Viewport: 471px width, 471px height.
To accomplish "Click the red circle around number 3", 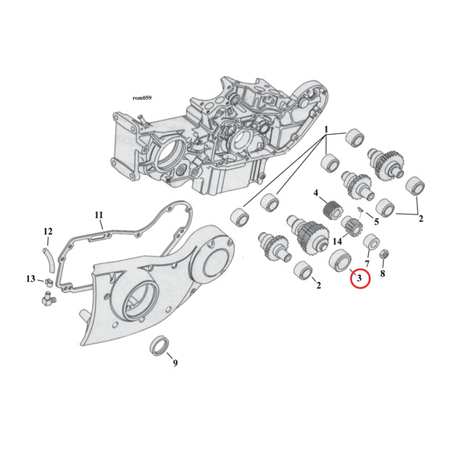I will tap(360, 278).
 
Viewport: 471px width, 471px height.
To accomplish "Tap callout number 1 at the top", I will tap(327, 130).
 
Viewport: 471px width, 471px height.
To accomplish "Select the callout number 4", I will tap(316, 193).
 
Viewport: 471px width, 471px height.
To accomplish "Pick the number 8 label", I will tap(383, 274).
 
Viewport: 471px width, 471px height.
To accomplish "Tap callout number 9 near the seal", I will tap(175, 362).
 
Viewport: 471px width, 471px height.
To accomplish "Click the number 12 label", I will tap(48, 232).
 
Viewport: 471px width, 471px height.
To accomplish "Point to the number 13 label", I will tap(30, 279).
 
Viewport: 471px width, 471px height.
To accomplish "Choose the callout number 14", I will tap(337, 241).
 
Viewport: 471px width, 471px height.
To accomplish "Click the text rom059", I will tap(141, 98).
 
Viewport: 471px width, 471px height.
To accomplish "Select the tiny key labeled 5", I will tap(360, 210).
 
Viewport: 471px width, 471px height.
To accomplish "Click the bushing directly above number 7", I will tap(372, 242).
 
